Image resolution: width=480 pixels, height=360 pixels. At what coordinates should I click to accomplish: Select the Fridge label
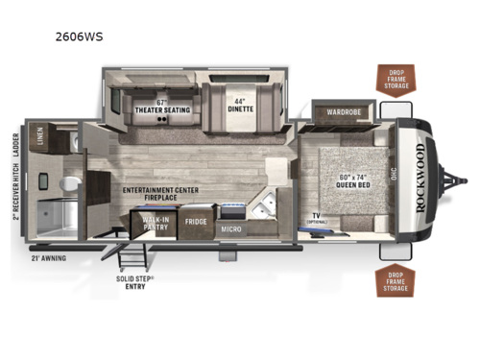(196, 221)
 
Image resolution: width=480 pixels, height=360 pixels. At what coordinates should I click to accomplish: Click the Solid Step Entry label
(131, 282)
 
